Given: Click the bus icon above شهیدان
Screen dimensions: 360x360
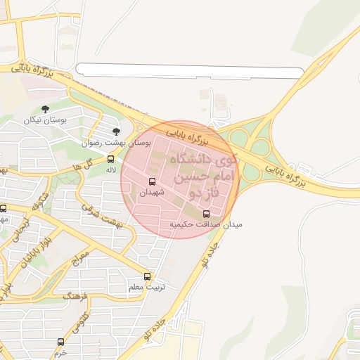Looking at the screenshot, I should (x=153, y=182).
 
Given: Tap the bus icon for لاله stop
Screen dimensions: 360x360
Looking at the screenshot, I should (x=110, y=159).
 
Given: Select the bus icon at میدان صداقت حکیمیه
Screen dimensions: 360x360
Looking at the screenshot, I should (x=206, y=214).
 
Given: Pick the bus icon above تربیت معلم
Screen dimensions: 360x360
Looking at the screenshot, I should (x=147, y=276).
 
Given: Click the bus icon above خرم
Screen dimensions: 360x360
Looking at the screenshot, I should (x=60, y=342).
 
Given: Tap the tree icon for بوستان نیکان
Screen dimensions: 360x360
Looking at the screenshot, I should (x=46, y=109).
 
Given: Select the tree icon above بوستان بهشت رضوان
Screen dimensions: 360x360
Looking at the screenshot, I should (x=117, y=131).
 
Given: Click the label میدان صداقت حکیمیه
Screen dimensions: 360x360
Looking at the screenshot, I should (x=205, y=225).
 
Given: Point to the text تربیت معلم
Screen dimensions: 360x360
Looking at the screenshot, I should (x=148, y=287).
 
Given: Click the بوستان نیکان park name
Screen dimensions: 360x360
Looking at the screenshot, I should (x=45, y=120).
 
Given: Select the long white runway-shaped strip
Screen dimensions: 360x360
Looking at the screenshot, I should (x=190, y=70).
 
